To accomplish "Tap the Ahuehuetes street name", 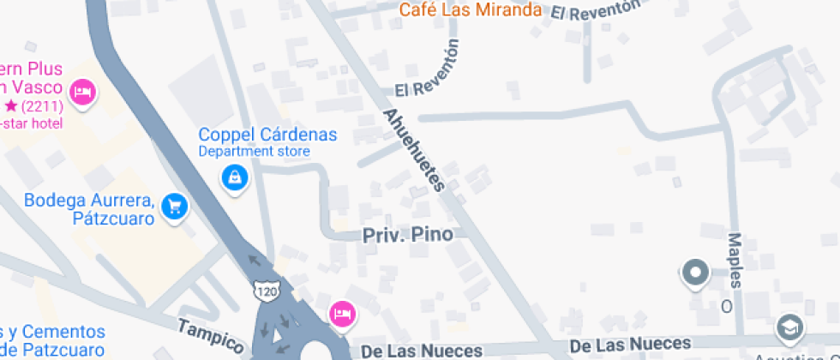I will coord(416,151).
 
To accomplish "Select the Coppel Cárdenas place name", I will coord(267,135).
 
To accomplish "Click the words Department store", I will coord(254,152).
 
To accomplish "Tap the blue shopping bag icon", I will coord(233,178).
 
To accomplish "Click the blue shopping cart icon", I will coord(175,206).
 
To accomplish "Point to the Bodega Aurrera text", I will coord(89,201).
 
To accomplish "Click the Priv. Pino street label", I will coord(408,234).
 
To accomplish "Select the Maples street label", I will coord(734,259).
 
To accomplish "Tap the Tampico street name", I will coord(211,335).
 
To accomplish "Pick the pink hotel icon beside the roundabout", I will coord(342,313).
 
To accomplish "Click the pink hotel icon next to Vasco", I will coord(83,91).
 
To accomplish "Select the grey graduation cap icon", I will coord(788,327).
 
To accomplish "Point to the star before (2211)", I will coord(11,106).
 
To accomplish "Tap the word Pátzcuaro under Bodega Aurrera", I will coord(115,219).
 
